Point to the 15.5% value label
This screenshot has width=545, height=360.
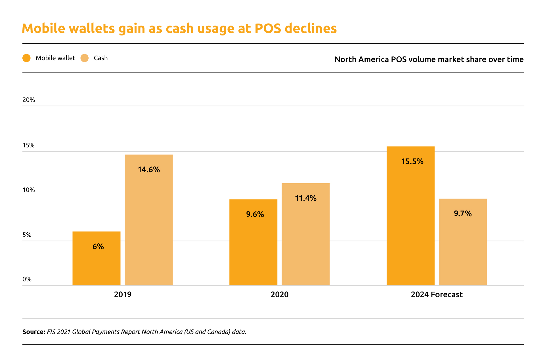(412, 161)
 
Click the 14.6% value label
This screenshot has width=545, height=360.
(149, 170)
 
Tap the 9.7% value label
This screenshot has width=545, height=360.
(463, 213)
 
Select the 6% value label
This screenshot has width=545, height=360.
(98, 247)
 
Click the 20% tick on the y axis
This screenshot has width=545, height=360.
(29, 100)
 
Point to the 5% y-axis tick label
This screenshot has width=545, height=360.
(27, 235)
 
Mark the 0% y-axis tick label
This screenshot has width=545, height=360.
(27, 279)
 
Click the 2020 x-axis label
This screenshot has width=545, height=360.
(280, 294)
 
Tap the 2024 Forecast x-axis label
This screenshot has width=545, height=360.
(437, 294)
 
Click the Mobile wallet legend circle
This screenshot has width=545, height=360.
(26, 58)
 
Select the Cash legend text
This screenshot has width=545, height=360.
(101, 58)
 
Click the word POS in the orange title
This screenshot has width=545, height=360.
(268, 28)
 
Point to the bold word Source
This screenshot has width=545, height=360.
(33, 332)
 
